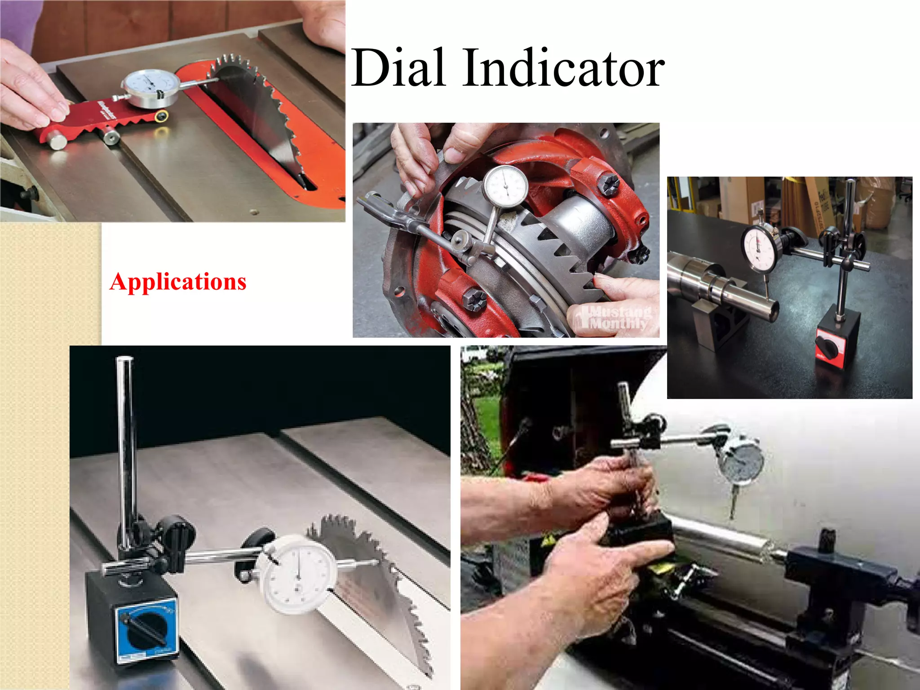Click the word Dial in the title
[399, 68]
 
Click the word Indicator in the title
[563, 68]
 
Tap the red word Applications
[178, 282]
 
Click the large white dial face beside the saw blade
[298, 573]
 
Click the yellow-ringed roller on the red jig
[162, 117]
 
